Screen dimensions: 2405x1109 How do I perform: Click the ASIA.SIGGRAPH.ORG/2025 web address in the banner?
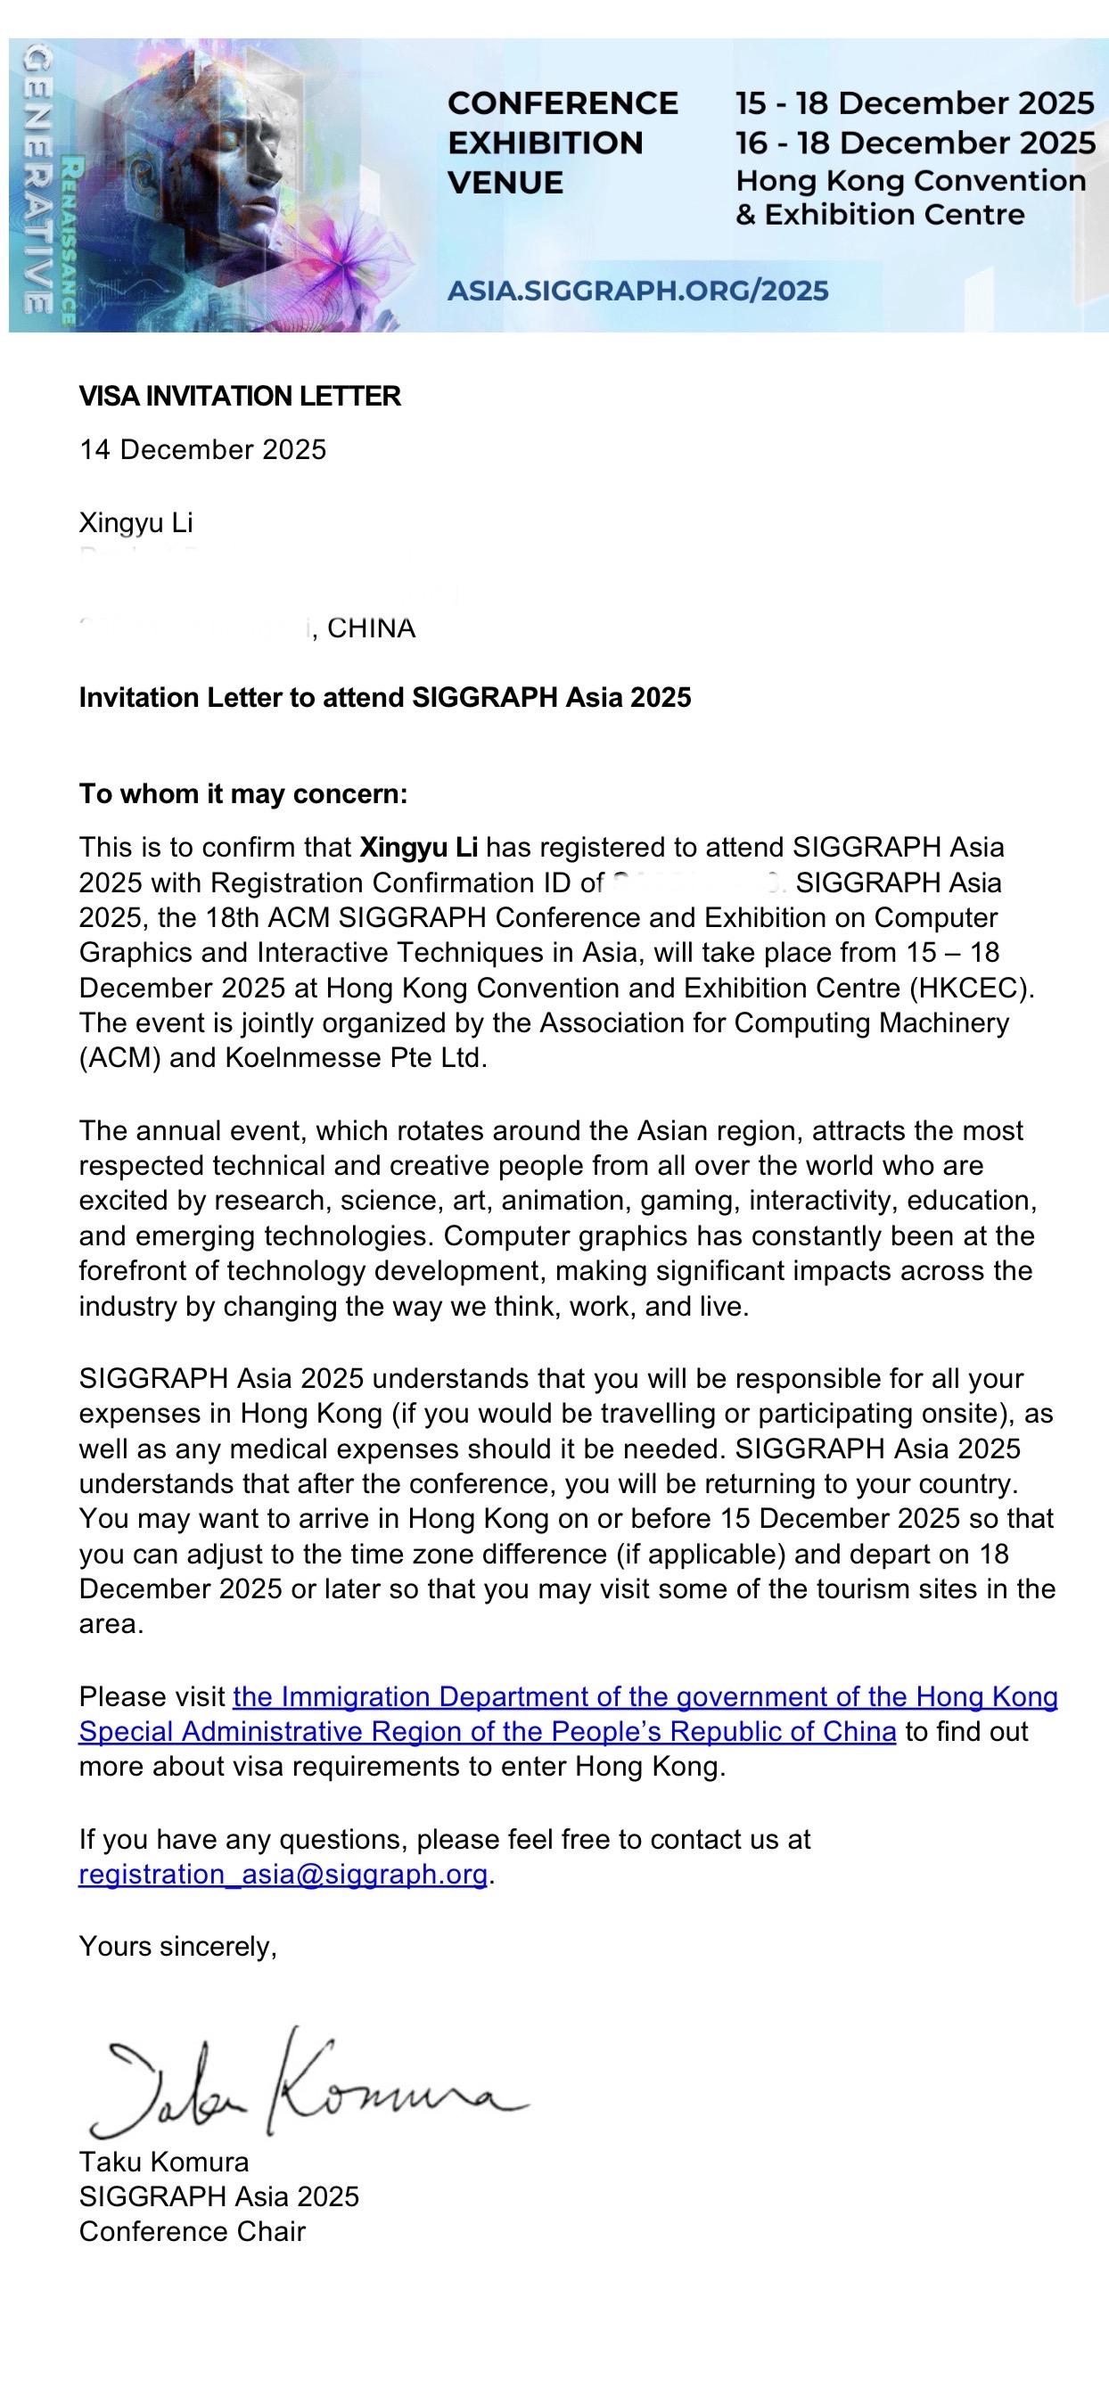point(637,291)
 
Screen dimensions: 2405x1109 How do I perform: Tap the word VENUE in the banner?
point(505,183)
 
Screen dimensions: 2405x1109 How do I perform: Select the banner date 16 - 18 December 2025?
point(915,143)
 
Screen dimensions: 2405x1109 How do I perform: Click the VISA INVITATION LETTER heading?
point(240,397)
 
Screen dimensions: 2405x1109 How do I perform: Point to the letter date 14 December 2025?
point(202,450)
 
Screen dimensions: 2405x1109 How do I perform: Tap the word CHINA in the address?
point(371,628)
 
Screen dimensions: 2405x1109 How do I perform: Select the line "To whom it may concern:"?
point(242,794)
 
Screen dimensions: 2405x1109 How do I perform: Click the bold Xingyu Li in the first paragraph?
point(418,848)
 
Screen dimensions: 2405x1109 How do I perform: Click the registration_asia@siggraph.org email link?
point(283,1875)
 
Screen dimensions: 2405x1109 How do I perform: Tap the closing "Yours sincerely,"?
point(177,1948)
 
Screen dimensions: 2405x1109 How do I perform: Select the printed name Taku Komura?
point(163,2163)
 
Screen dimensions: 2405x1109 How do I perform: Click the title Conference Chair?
point(193,2232)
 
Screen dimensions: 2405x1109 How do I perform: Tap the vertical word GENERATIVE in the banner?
point(37,182)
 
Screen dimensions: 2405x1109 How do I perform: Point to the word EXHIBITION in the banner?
point(546,143)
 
